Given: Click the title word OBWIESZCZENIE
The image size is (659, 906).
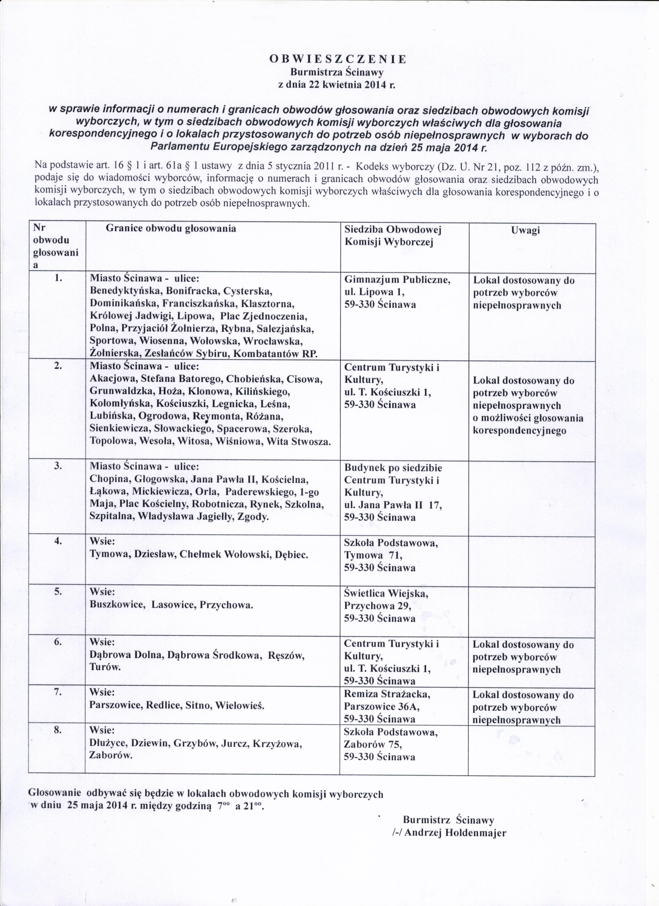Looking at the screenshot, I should tap(338, 59).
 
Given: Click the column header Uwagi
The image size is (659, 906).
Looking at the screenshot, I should tap(525, 230).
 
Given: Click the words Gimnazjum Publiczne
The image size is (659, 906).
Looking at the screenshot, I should tap(397, 280).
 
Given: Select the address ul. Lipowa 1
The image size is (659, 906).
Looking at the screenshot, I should tap(374, 292).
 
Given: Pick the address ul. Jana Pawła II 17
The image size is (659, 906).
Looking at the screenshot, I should tap(393, 505).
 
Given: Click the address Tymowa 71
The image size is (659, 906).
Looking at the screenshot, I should tap(373, 556).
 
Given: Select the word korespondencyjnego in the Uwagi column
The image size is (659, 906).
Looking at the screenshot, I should tap(519, 431).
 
